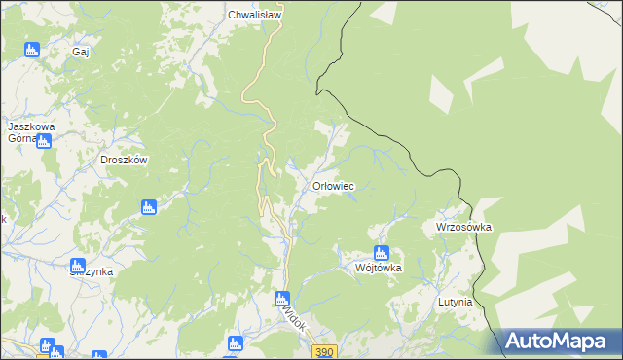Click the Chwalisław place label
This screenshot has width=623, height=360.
(254, 16)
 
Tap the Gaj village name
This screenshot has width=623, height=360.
(80, 53)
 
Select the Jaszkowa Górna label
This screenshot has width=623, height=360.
(29, 132)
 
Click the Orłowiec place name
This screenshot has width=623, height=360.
(332, 186)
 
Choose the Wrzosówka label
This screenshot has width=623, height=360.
(463, 227)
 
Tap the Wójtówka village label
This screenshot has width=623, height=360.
(379, 269)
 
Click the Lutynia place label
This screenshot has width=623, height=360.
(454, 303)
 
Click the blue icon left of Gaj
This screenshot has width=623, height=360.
(31, 50)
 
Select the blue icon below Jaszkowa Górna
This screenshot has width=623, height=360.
(44, 141)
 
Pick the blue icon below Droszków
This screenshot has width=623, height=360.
(148, 206)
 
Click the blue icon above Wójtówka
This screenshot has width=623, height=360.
(381, 253)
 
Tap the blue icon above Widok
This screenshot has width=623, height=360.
(281, 299)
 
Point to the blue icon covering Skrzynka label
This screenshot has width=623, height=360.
(78, 265)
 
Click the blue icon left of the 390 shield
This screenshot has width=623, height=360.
(234, 343)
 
